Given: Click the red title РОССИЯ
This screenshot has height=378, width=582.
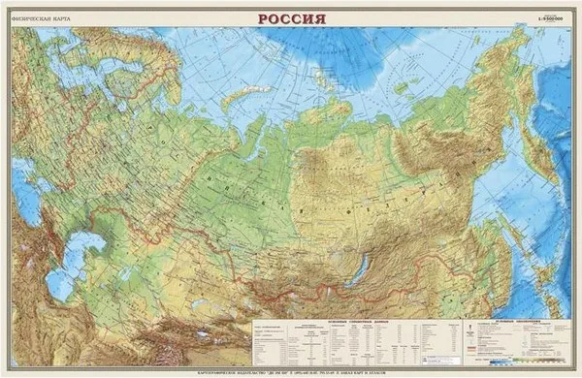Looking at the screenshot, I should click(x=291, y=18).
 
